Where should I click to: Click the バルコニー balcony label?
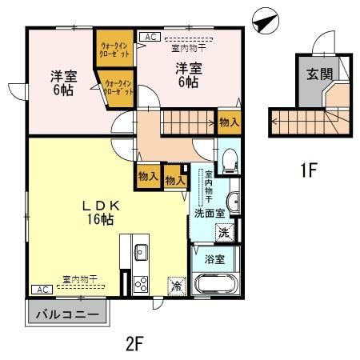point(66,314)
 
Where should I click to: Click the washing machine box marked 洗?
point(226,233)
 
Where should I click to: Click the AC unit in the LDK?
point(41,288)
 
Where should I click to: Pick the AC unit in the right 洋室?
point(149,37)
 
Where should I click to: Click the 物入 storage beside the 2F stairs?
point(229,122)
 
